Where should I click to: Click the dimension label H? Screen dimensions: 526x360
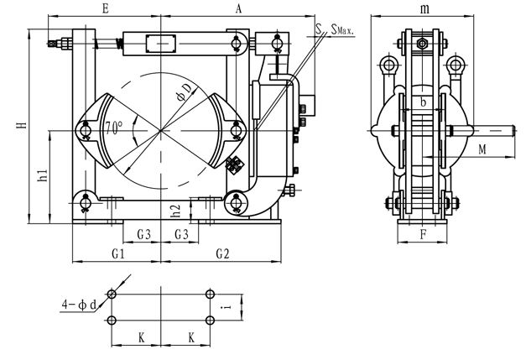(x=22, y=126)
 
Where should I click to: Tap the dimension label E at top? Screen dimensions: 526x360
(x=105, y=8)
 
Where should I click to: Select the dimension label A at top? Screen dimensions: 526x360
(x=238, y=8)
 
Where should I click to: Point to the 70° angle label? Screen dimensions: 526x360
(x=114, y=128)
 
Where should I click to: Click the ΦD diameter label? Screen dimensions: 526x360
(x=185, y=92)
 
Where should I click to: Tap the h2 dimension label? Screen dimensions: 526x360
(x=175, y=211)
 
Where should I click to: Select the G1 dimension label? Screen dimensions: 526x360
(x=118, y=254)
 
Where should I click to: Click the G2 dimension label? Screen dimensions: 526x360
(x=222, y=254)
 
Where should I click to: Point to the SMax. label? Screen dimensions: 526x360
(x=342, y=29)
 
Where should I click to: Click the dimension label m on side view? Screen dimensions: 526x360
(x=424, y=9)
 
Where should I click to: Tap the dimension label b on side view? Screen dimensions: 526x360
(x=424, y=102)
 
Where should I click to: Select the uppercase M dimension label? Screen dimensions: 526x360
(x=482, y=149)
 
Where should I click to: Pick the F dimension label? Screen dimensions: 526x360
(x=424, y=234)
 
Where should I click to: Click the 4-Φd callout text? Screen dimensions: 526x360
(x=79, y=305)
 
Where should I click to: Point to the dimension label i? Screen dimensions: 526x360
(x=227, y=306)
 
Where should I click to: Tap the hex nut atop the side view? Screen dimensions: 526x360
(x=422, y=44)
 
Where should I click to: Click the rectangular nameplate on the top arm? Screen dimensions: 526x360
(x=161, y=44)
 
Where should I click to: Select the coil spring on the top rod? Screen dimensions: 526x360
(x=118, y=44)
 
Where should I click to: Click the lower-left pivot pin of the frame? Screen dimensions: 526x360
(x=86, y=203)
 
